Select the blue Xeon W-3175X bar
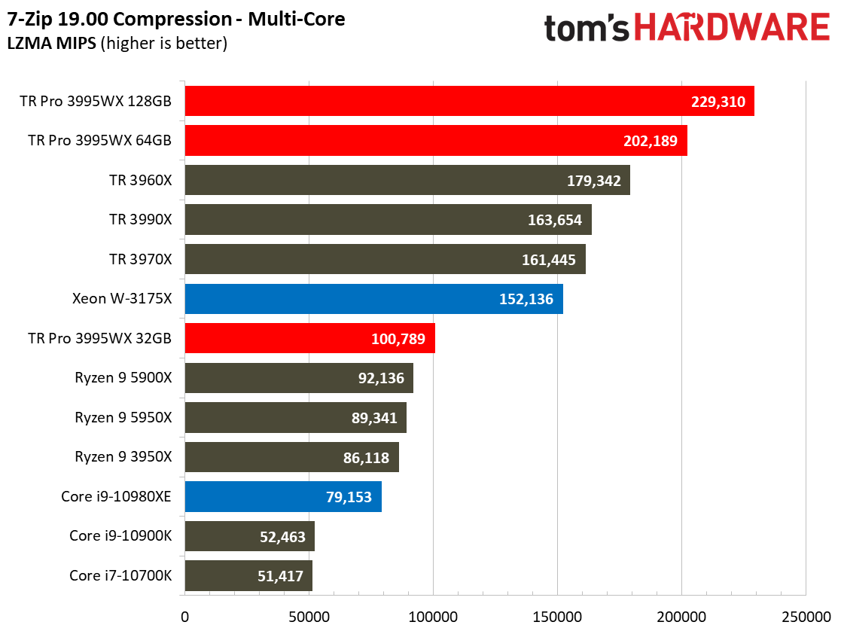pyautogui.click(x=373, y=299)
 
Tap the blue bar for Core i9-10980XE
pyautogui.click(x=283, y=497)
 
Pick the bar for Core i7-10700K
pyautogui.click(x=248, y=576)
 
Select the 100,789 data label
pyautogui.click(x=398, y=339)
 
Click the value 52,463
pyautogui.click(x=278, y=537)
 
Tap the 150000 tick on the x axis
pyautogui.click(x=557, y=617)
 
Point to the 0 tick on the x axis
pyautogui.click(x=184, y=617)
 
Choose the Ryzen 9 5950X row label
pyautogui.click(x=123, y=417)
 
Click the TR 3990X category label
pyautogui.click(x=140, y=220)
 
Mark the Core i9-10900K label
pyautogui.click(x=120, y=536)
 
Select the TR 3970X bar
pyautogui.click(x=385, y=260)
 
